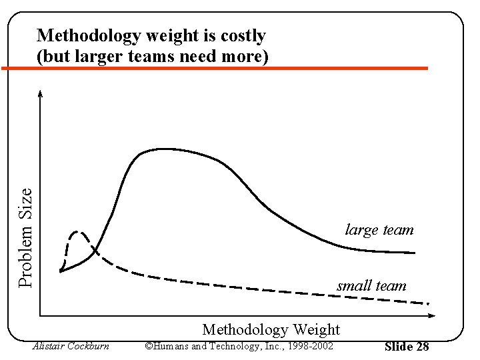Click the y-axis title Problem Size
[x=25, y=237]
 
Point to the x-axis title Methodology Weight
[x=271, y=329]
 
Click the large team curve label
[x=379, y=230]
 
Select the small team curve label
[x=371, y=286]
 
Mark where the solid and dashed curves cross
[x=95, y=251]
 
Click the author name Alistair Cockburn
[x=71, y=346]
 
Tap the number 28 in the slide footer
[x=422, y=347]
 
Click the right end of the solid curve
[x=414, y=253]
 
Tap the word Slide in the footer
[x=399, y=347]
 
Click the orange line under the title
[x=213, y=68]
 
